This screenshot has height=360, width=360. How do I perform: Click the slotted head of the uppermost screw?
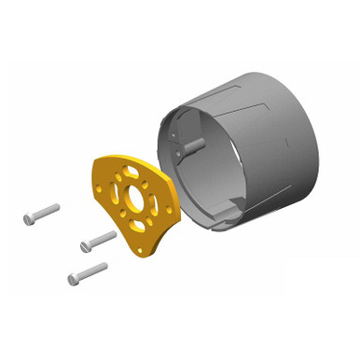(29, 219)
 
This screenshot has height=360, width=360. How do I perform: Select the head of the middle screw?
(87, 246)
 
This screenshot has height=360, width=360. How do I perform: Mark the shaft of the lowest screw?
(91, 271)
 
